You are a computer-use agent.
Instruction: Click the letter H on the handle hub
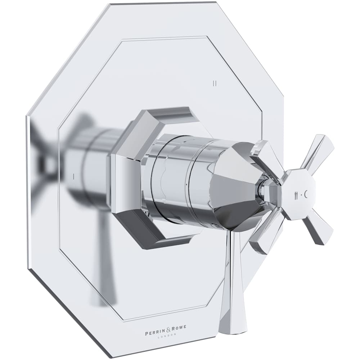point(296,195)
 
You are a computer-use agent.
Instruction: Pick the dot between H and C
point(301,195)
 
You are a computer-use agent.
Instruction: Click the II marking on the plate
point(215,84)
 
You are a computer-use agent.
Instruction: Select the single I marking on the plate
point(73,176)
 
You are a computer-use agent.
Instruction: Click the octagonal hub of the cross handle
point(299,194)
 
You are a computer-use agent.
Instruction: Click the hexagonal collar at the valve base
point(128,180)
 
